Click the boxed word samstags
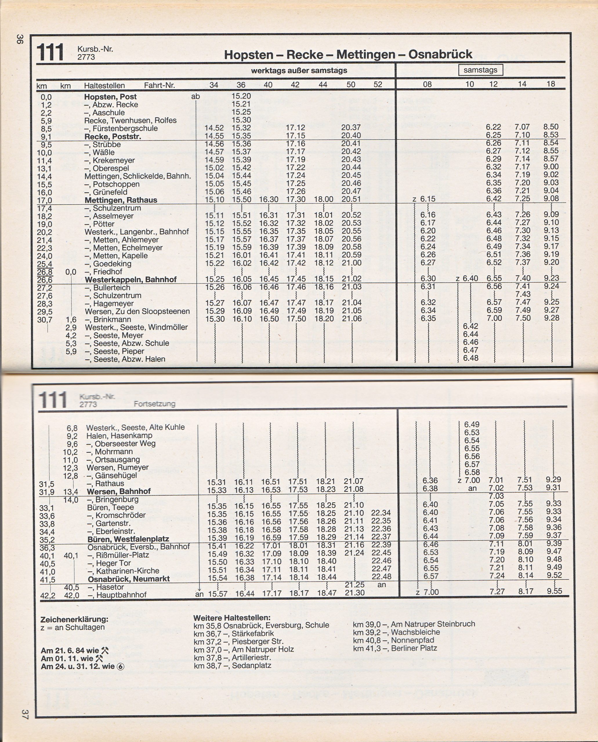[480, 70]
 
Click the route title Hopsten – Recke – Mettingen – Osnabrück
[348, 54]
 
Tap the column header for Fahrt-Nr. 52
[378, 85]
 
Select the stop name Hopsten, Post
[110, 97]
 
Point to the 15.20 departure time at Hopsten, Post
[241, 96]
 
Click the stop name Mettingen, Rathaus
[121, 200]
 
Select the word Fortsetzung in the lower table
[154, 404]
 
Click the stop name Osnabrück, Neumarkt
[128, 579]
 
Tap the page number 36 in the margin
[20, 39]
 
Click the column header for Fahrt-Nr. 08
[427, 85]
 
